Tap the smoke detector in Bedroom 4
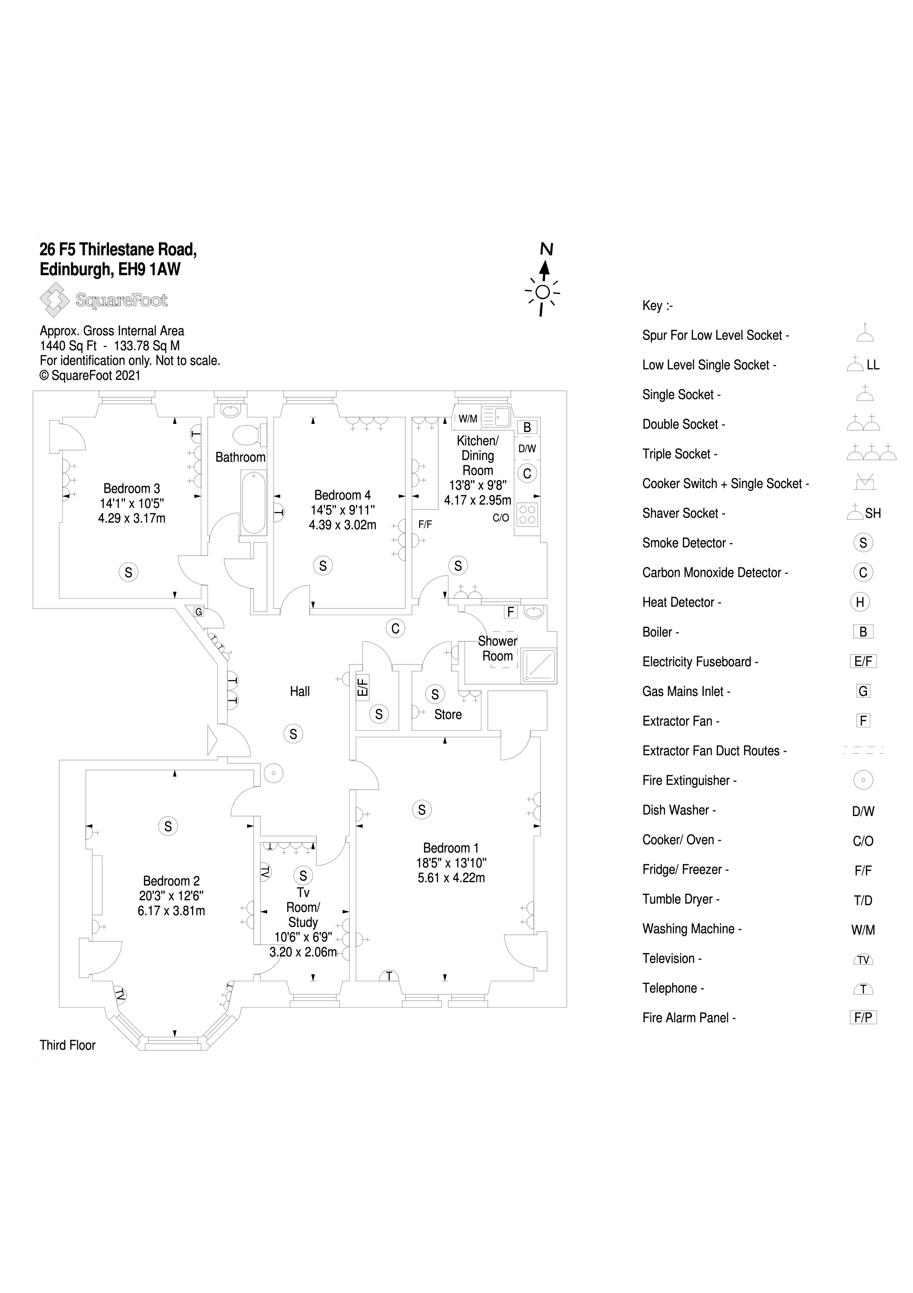pos(323,565)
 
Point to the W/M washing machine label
pos(468,419)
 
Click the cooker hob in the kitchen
pos(527,515)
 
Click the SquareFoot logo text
pos(122,300)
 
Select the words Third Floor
pos(68,1045)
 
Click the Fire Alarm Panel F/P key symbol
pos(863,1017)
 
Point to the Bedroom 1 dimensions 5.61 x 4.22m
pos(451,878)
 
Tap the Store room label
pos(448,714)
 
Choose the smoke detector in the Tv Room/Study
pos(303,875)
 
